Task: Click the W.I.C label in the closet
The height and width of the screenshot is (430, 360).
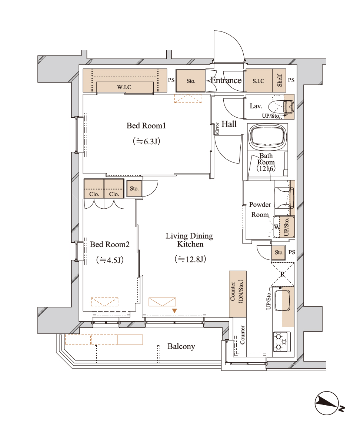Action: pyautogui.click(x=124, y=87)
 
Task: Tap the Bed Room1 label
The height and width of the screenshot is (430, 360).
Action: pyautogui.click(x=146, y=125)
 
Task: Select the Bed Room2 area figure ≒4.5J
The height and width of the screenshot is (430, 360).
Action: pyautogui.click(x=110, y=260)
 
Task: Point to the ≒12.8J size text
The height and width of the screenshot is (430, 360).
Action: pyautogui.click(x=190, y=259)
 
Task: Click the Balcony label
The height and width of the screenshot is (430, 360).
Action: pyautogui.click(x=181, y=346)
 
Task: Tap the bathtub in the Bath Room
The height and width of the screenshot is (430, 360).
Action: pyautogui.click(x=267, y=136)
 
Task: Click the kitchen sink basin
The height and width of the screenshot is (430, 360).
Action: pyautogui.click(x=282, y=300)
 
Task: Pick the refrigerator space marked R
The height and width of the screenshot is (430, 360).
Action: pyautogui.click(x=283, y=274)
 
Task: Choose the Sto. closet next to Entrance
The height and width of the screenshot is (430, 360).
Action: pyautogui.click(x=190, y=81)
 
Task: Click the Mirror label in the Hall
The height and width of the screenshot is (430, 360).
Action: pyautogui.click(x=217, y=129)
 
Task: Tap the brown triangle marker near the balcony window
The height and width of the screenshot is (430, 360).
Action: pyautogui.click(x=174, y=311)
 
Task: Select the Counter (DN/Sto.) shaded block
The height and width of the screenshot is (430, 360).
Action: pyautogui.click(x=238, y=294)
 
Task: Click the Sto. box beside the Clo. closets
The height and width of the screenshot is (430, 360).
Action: pyautogui.click(x=134, y=189)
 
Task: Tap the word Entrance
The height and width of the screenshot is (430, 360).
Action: pyautogui.click(x=226, y=80)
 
